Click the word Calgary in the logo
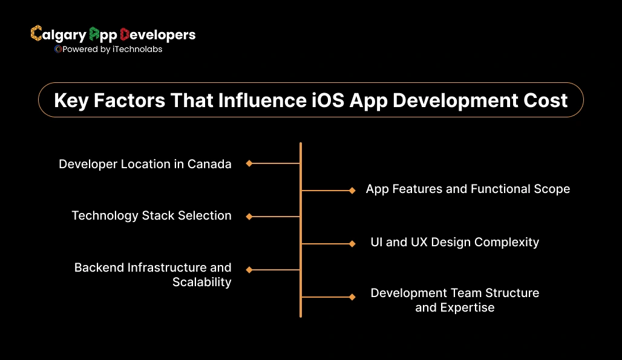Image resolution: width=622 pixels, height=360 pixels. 58,34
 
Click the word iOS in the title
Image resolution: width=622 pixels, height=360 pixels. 326,100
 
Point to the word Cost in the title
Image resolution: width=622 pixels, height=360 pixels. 545,100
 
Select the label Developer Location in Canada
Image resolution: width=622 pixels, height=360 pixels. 145,164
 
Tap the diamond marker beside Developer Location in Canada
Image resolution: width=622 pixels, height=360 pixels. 249,163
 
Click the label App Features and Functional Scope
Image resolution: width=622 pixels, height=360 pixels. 468,189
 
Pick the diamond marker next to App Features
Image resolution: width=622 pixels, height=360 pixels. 352,191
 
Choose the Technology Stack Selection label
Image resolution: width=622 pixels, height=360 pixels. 151,215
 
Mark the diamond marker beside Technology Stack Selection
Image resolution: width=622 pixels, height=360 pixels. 249,216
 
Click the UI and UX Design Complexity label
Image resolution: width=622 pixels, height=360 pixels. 454,242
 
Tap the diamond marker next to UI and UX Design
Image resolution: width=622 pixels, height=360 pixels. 352,244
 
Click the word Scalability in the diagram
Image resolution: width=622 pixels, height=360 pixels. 201,283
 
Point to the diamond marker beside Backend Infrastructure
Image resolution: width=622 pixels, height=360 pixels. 249,270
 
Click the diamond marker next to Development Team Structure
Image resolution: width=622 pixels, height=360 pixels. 352,297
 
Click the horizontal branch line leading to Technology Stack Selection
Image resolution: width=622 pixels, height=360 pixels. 275,216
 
